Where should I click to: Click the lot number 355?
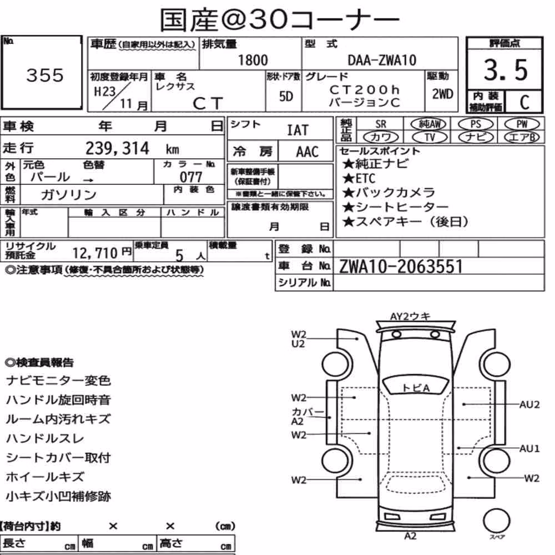(45, 75)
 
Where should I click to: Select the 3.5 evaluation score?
(506, 70)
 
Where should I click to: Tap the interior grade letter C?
(524, 102)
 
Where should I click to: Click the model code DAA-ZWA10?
(382, 60)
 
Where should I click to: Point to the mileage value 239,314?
(117, 148)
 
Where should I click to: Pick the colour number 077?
(191, 177)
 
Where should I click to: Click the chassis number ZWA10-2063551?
(401, 266)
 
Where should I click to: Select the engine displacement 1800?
(253, 60)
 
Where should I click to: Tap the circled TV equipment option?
(430, 137)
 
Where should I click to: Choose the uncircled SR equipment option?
(381, 124)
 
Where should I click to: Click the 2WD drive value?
(442, 94)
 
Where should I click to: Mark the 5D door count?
(286, 96)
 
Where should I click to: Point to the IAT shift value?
(297, 130)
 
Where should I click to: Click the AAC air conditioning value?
(307, 152)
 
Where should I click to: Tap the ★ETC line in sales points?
(359, 178)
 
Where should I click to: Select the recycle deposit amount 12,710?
(95, 253)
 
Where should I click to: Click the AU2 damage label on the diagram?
(529, 405)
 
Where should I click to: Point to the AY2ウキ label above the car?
(410, 316)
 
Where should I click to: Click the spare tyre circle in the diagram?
(496, 521)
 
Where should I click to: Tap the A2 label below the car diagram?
(410, 536)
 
